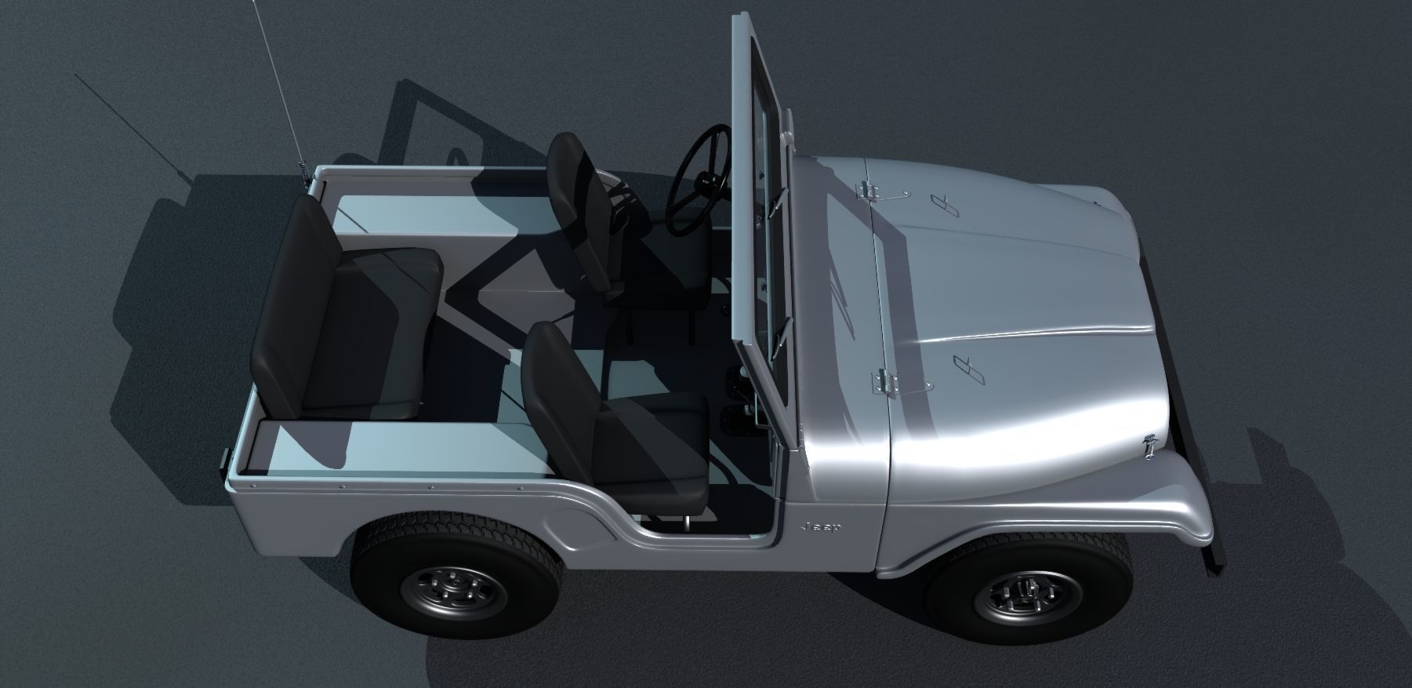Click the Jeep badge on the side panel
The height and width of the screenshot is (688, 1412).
(x=821, y=527)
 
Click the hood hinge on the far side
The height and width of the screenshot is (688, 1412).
(x=869, y=191)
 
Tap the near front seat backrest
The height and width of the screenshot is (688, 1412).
(x=558, y=399)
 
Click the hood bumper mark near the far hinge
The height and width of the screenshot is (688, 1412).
(x=945, y=206)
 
